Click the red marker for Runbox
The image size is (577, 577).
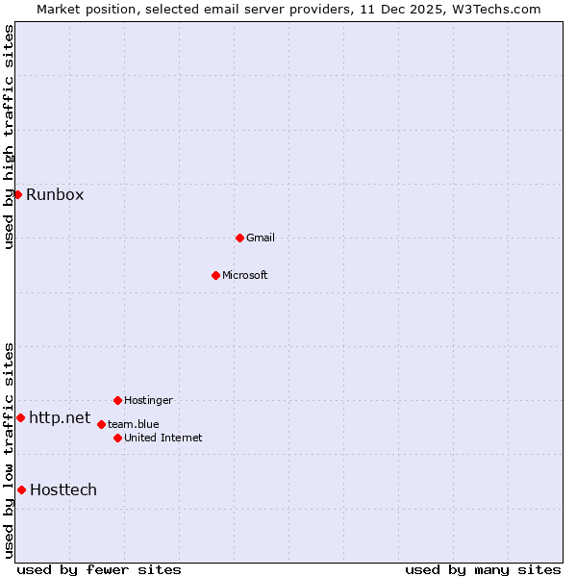(17, 194)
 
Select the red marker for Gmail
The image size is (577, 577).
(239, 238)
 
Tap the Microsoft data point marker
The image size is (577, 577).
(215, 275)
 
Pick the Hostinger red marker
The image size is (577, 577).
(117, 400)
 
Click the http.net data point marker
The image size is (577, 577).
(20, 417)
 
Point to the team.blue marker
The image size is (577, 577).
(101, 424)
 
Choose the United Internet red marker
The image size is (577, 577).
(117, 438)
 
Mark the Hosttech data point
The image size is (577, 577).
(21, 489)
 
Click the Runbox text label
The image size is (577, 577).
(55, 195)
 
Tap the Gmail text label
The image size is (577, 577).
(261, 238)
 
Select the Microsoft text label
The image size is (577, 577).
(245, 275)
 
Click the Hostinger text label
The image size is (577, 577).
(148, 400)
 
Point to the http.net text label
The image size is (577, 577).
(60, 418)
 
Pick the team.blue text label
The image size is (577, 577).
(134, 424)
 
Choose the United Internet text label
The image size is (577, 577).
(163, 438)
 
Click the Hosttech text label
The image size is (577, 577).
(63, 490)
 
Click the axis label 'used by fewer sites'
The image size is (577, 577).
(99, 569)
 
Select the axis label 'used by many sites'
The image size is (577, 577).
(483, 569)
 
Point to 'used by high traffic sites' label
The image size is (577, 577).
(10, 137)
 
